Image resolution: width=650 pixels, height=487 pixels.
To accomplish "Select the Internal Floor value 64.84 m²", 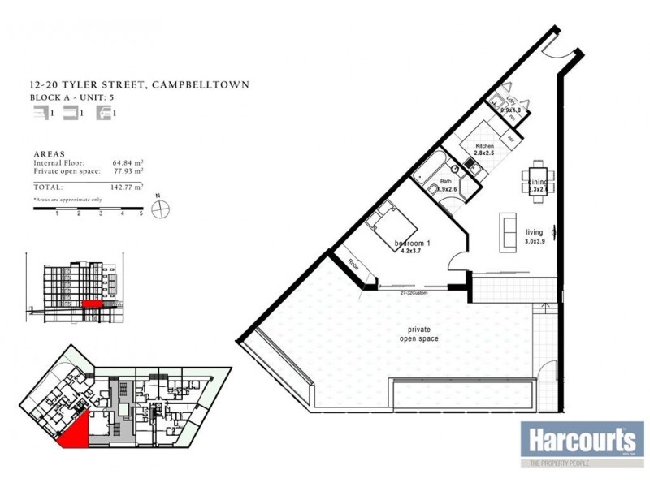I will click(128, 163).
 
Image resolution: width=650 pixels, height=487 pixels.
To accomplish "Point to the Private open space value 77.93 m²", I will click(128, 172).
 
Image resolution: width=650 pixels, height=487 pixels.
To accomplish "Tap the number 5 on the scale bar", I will click(141, 213).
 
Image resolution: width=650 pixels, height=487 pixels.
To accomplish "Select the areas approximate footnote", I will click(67, 199).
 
